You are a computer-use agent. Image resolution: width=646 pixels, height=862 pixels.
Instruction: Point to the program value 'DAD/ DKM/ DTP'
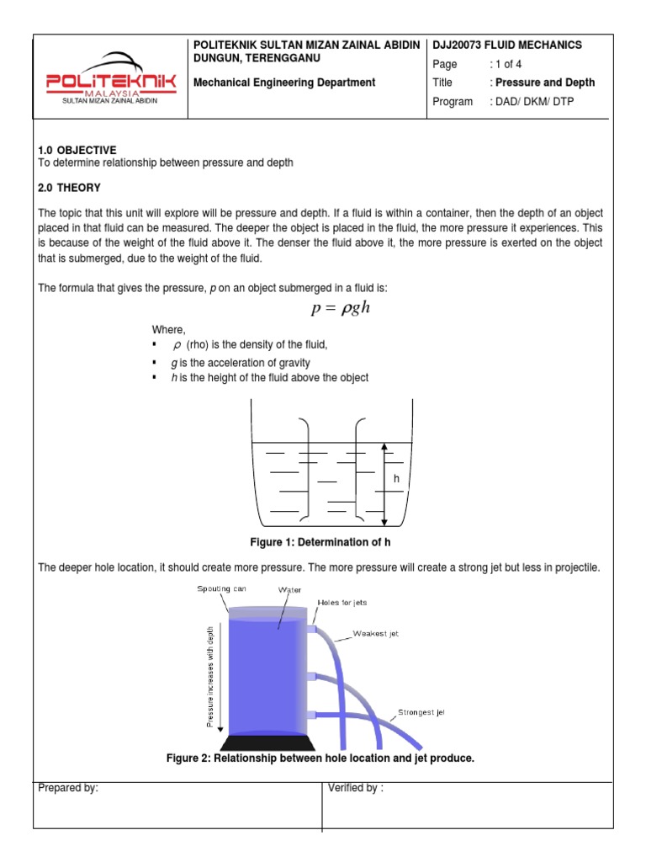tap(534, 102)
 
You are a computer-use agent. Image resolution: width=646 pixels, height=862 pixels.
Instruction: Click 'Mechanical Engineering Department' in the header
tap(284, 82)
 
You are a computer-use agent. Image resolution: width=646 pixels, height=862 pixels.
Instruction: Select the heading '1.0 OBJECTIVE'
tap(77, 150)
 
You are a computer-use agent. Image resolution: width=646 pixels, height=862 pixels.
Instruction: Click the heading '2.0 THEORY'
tap(70, 187)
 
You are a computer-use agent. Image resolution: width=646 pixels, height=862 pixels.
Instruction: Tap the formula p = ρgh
tap(341, 307)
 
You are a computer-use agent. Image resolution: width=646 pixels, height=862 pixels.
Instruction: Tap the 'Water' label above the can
tap(289, 590)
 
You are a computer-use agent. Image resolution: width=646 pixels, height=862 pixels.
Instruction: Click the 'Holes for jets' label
tap(342, 603)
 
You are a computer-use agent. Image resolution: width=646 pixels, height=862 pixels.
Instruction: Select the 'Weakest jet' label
tap(375, 632)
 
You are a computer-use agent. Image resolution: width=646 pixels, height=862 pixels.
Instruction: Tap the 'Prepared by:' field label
tap(69, 789)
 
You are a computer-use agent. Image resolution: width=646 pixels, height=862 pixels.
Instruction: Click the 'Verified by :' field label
tap(356, 789)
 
